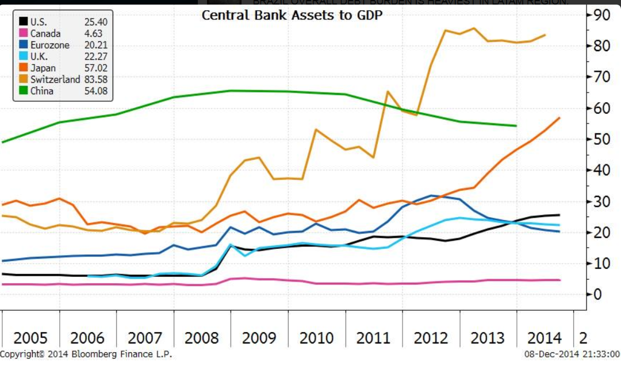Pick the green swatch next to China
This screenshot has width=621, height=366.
pos(23,91)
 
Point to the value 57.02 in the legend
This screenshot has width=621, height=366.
pos(95,68)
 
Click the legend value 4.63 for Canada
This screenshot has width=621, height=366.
pos(93,34)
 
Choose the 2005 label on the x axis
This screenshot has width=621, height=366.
pos(30,337)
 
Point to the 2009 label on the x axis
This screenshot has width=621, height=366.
pos(259,337)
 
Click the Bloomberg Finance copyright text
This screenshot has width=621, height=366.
pos(86,355)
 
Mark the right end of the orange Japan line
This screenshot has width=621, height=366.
pos(559,118)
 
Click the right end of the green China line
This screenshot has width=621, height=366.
pos(516,125)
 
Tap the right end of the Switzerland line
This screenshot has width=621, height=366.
pos(545,35)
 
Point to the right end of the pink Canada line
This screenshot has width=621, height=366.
pos(559,280)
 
